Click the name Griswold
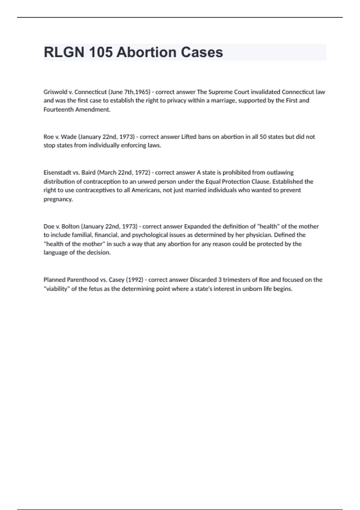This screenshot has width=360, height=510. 55,92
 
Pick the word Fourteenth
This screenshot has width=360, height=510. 58,109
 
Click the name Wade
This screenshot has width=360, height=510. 69,137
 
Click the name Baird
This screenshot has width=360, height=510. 88,172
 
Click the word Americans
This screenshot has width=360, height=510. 145,190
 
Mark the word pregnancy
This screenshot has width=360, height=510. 58,199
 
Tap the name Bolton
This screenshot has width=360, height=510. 70,226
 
